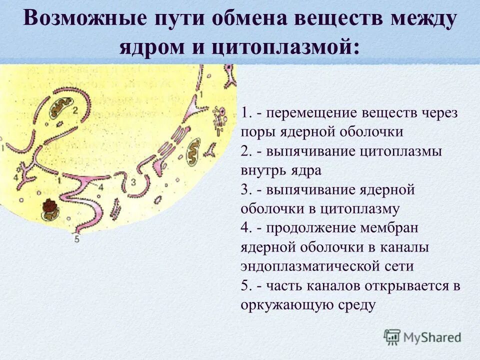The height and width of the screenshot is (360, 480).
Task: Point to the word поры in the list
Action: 254,132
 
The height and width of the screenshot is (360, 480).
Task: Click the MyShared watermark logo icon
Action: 392,337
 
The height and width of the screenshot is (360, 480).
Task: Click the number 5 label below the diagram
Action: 76,239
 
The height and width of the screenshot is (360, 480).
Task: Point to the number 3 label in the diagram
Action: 133,182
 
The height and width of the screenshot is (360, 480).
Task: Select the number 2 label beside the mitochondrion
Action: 75,109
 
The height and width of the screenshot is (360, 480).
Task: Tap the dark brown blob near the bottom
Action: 50,206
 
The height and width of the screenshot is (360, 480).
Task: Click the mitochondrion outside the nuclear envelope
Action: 191,156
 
